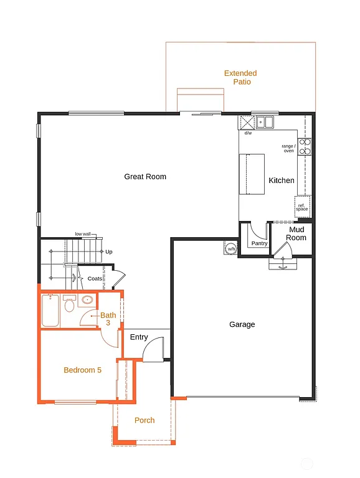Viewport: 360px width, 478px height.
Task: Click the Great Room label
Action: pyautogui.click(x=145, y=177)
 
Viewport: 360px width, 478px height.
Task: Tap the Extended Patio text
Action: pyautogui.click(x=240, y=78)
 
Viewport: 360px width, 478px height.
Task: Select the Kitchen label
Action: pyautogui.click(x=282, y=180)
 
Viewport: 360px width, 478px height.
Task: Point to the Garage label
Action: pyautogui.click(x=242, y=324)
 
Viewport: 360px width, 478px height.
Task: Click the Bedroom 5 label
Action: pyautogui.click(x=82, y=370)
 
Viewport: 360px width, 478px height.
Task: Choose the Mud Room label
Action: pyautogui.click(x=296, y=234)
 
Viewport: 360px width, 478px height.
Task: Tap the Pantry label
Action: pyautogui.click(x=259, y=243)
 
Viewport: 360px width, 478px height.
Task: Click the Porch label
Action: pyautogui.click(x=144, y=420)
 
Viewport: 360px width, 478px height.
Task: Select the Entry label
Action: pyautogui.click(x=139, y=337)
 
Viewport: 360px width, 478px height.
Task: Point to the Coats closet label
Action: pyautogui.click(x=95, y=279)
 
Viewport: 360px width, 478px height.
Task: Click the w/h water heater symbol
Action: pyautogui.click(x=231, y=249)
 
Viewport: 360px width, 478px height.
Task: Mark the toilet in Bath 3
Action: pyautogui.click(x=69, y=305)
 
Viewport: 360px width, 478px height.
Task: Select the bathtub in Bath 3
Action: pyautogui.click(x=50, y=311)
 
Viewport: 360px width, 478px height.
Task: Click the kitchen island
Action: pyautogui.click(x=254, y=174)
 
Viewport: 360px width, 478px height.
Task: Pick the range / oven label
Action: pyautogui.click(x=288, y=148)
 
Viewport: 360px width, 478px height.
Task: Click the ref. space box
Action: pyautogui.click(x=302, y=207)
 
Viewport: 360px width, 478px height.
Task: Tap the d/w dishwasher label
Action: pyautogui.click(x=248, y=133)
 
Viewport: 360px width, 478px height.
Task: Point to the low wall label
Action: pyautogui.click(x=82, y=234)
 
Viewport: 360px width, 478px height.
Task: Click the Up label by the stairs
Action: pyautogui.click(x=109, y=252)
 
